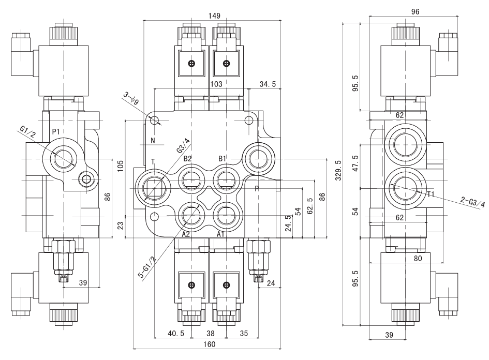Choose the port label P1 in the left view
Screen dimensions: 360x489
coord(56,132)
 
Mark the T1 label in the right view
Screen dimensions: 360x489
coord(432,194)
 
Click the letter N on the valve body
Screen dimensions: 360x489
coord(153,140)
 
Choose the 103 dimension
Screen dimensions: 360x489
coord(216,84)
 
